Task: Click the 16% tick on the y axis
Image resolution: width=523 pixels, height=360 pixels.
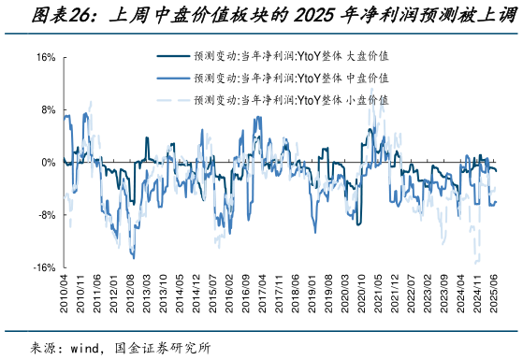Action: click(44, 58)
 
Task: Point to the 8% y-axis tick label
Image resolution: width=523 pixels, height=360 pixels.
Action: click(47, 110)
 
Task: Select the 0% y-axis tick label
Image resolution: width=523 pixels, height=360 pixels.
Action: click(47, 163)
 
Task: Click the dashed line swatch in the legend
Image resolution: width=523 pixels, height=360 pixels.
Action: click(171, 98)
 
